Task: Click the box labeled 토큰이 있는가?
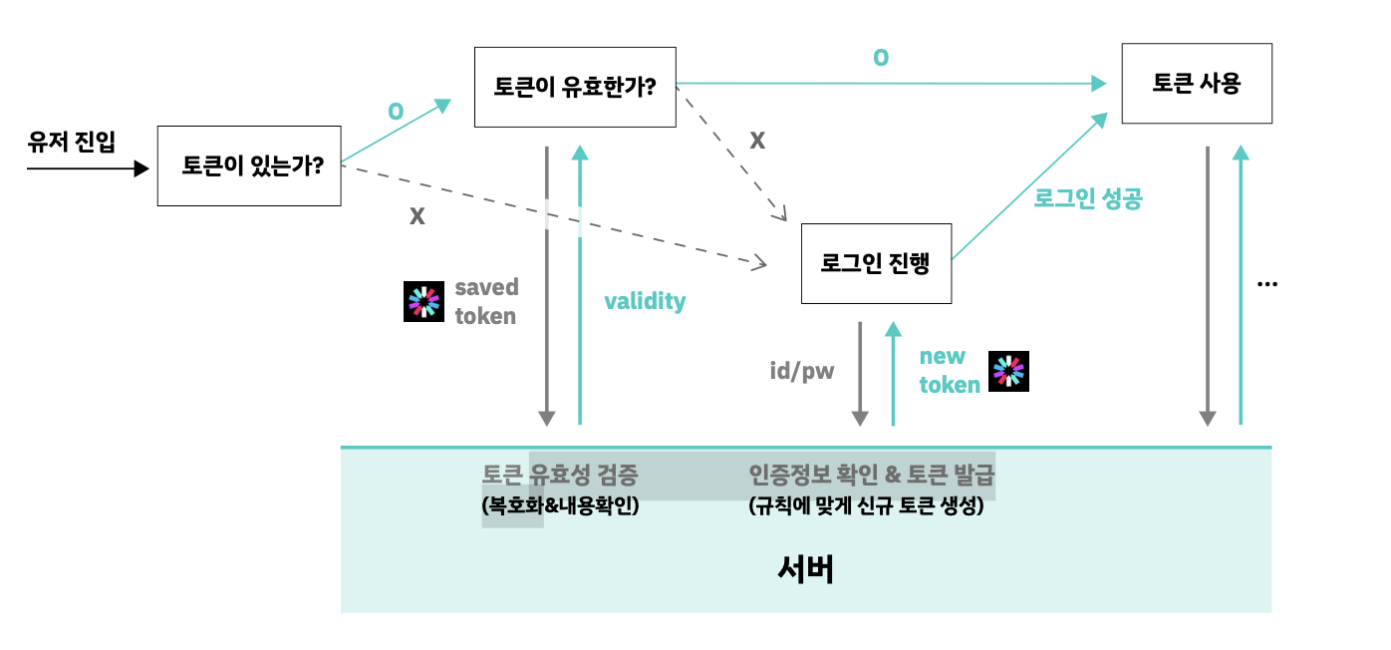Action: pyautogui.click(x=249, y=165)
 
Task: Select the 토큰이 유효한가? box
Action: pyautogui.click(x=575, y=87)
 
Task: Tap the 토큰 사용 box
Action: pyautogui.click(x=1197, y=84)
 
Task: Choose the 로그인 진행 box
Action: pyautogui.click(x=876, y=264)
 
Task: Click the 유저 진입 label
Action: pyautogui.click(x=72, y=143)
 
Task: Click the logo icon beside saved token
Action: pyautogui.click(x=423, y=302)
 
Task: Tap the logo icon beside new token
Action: pyautogui.click(x=1008, y=371)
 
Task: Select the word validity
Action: pyautogui.click(x=645, y=301)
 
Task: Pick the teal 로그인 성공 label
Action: pyautogui.click(x=1087, y=198)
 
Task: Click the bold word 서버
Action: pyautogui.click(x=805, y=569)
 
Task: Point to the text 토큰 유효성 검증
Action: pyautogui.click(x=560, y=475)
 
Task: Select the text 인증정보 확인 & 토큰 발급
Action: pyautogui.click(x=872, y=475)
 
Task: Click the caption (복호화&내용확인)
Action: pyautogui.click(x=560, y=506)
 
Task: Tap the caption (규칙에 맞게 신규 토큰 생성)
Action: pyautogui.click(x=866, y=506)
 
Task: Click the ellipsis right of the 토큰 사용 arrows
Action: pyautogui.click(x=1267, y=284)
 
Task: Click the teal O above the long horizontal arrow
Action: pyautogui.click(x=881, y=58)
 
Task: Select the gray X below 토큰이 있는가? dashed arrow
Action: pyautogui.click(x=417, y=215)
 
